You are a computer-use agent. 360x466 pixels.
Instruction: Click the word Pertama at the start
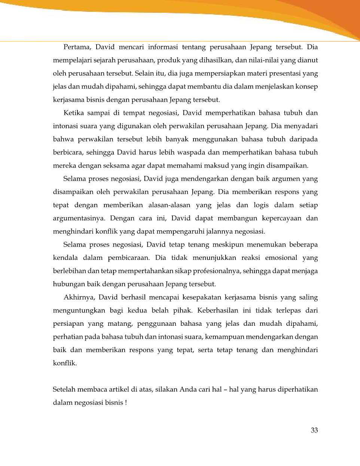tap(76, 47)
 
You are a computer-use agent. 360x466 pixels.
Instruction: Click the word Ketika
tap(74, 113)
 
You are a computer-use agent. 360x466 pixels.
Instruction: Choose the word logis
tap(261, 205)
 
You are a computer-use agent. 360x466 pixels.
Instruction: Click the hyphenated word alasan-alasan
tap(169, 205)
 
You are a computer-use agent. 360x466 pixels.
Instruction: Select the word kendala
tap(65, 258)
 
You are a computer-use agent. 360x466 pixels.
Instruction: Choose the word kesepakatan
tap(201, 297)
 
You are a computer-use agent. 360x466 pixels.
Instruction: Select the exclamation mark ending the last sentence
tap(126, 403)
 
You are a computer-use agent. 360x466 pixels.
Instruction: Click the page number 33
tap(314, 430)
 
